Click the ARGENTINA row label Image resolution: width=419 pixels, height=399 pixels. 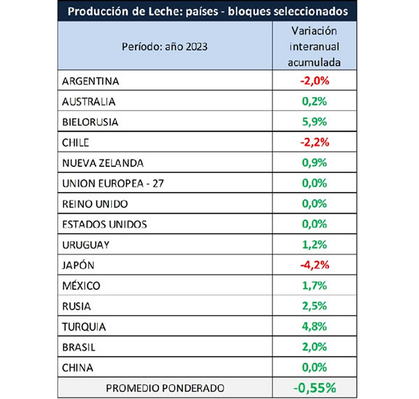point(91,80)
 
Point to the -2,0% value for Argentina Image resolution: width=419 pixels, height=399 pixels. point(313,80)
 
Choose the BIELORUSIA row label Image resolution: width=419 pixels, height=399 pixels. point(91,122)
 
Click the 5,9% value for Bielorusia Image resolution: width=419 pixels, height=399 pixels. point(314,122)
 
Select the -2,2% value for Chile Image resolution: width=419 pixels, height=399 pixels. point(313,142)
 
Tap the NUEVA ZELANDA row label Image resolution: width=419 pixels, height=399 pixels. point(103,163)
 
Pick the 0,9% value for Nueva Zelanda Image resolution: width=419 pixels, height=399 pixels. point(314,163)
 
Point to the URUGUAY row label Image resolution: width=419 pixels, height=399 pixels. point(86,245)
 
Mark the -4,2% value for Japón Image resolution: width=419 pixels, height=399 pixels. point(313,265)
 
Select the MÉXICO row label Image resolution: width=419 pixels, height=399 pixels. point(81,285)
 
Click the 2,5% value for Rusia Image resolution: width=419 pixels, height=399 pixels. point(314,306)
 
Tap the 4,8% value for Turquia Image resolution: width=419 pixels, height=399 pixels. point(314,326)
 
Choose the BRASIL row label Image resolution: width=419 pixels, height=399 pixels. point(79,347)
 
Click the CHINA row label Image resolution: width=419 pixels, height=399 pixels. point(78,368)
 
